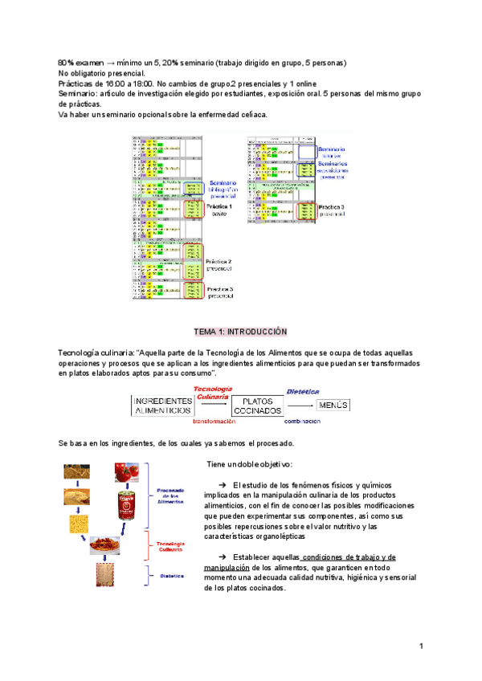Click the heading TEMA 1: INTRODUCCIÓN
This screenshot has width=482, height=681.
pyautogui.click(x=241, y=331)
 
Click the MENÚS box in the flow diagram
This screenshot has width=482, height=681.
pyautogui.click(x=333, y=405)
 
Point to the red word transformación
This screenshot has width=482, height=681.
pyautogui.click(x=213, y=420)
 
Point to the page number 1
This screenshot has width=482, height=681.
pyautogui.click(x=420, y=646)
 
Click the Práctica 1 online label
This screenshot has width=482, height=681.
pyautogui.click(x=219, y=210)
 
